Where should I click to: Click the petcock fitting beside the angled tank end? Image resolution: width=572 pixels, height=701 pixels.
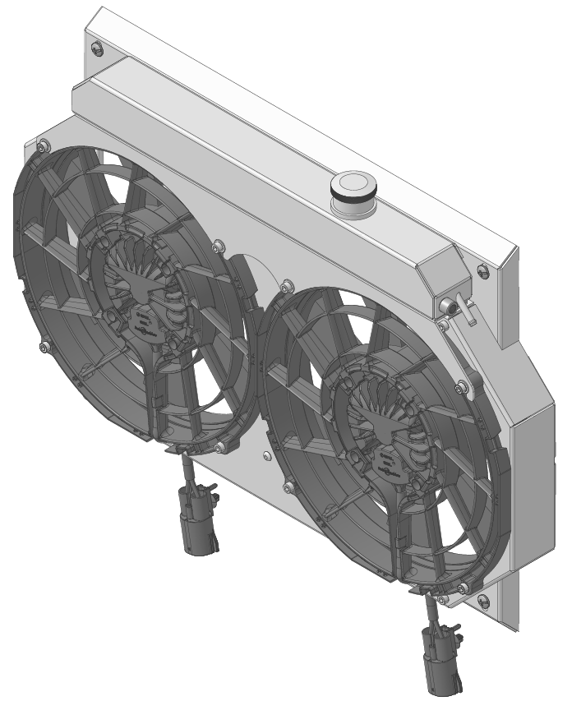451,307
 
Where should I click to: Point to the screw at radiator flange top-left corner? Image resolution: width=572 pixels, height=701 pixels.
97,48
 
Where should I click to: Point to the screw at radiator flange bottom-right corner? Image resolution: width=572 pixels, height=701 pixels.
482,601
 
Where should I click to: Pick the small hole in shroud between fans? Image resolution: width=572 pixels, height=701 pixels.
265,454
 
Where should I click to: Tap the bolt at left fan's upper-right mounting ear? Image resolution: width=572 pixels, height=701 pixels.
218,244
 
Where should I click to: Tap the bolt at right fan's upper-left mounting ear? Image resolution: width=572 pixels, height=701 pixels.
285,286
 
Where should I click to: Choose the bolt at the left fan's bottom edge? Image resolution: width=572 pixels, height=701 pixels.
220,448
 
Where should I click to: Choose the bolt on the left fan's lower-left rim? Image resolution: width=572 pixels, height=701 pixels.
43,346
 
